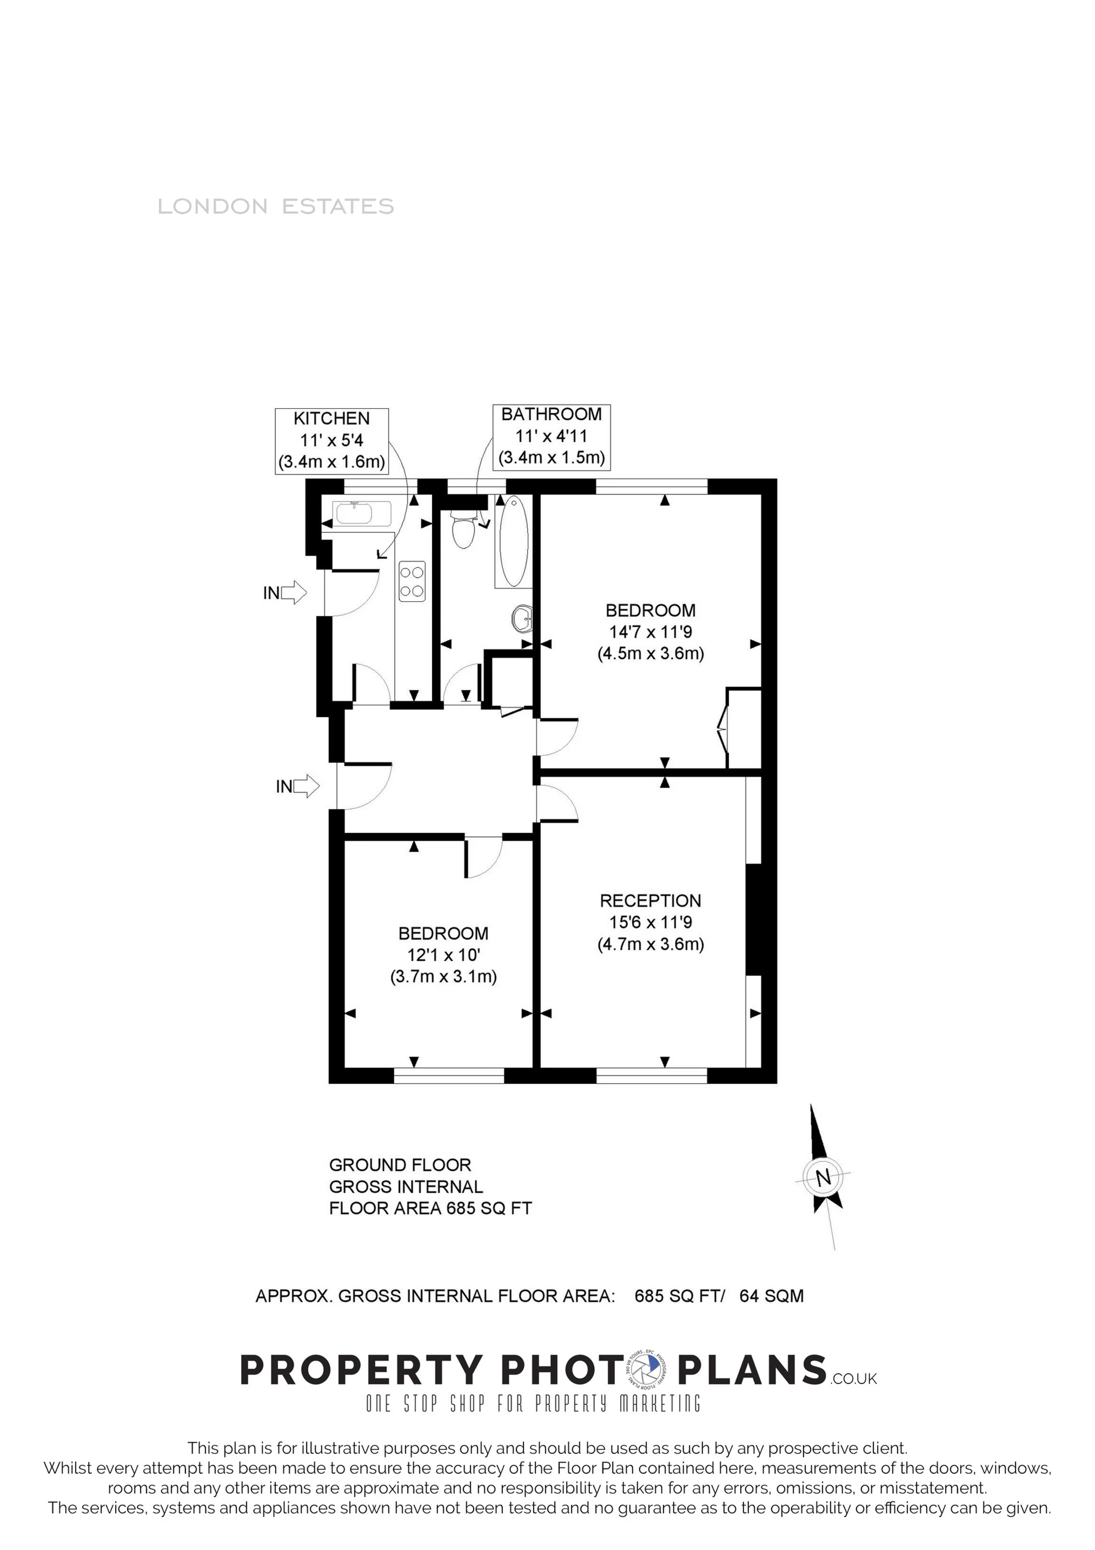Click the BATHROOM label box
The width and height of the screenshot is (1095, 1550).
pyautogui.click(x=552, y=436)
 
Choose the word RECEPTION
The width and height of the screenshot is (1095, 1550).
pyautogui.click(x=650, y=900)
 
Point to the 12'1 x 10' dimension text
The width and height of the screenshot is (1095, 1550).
pyautogui.click(x=443, y=955)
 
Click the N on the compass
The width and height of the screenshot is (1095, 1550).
pyautogui.click(x=823, y=1178)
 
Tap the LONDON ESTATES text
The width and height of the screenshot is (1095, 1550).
pyautogui.click(x=275, y=206)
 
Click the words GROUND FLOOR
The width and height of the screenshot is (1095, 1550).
pyautogui.click(x=400, y=1164)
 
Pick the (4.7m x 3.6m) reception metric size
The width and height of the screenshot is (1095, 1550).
pyautogui.click(x=650, y=944)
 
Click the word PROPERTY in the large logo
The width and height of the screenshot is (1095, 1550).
pyautogui.click(x=361, y=1370)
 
